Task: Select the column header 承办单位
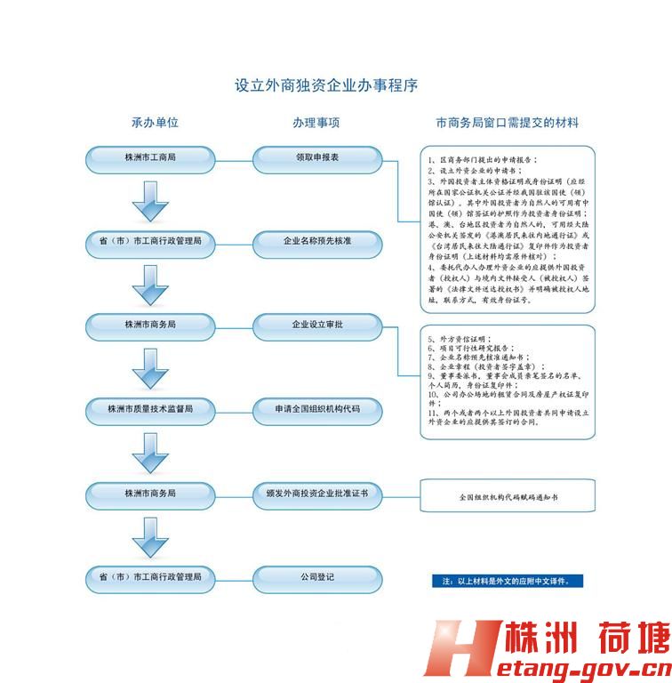point(148,122)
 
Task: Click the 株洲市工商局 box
point(150,158)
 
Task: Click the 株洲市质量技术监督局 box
point(150,409)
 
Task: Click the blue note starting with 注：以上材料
point(508,580)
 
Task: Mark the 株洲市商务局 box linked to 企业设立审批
point(150,325)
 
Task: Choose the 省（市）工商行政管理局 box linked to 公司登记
point(150,576)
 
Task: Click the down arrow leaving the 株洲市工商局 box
point(150,200)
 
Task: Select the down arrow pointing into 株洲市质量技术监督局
point(150,367)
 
